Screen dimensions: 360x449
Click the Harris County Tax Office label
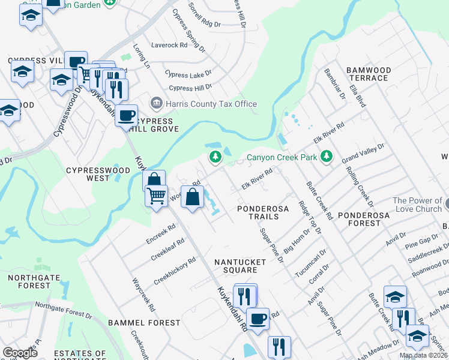[211, 104]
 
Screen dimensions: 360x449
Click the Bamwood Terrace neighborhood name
[369, 74]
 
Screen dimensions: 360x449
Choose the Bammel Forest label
[136, 323]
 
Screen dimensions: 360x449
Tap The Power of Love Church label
[417, 205]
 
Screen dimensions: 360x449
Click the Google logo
[20, 352]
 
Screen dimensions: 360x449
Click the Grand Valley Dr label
[363, 154]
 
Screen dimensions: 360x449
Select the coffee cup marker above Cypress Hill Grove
[126, 114]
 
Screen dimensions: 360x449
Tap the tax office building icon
[157, 103]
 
